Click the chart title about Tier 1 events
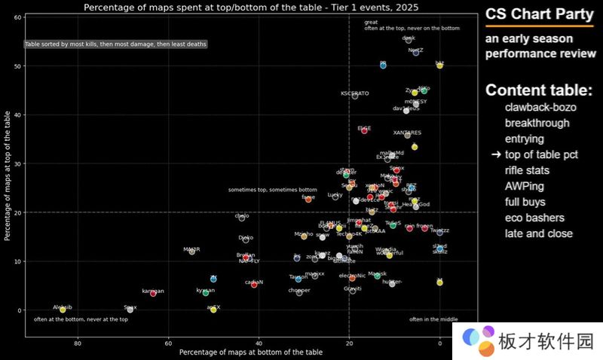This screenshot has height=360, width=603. point(251,8)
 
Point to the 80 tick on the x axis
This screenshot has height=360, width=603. point(78,343)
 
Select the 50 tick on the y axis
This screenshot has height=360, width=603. point(17,66)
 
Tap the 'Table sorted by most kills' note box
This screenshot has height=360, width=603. point(115,44)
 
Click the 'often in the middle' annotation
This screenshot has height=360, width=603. point(434,319)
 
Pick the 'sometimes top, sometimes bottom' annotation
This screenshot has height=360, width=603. point(273,190)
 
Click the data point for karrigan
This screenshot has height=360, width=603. point(153,293)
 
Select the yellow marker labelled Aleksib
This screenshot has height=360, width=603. point(63,309)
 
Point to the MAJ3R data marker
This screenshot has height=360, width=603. point(191,252)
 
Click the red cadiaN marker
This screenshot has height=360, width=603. point(254,285)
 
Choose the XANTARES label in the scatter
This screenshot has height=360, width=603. point(407,133)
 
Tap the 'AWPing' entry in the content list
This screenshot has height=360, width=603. point(525,186)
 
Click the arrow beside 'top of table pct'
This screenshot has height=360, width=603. point(496,154)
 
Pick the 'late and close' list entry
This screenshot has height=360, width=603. point(538,233)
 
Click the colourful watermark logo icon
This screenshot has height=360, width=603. point(476,338)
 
